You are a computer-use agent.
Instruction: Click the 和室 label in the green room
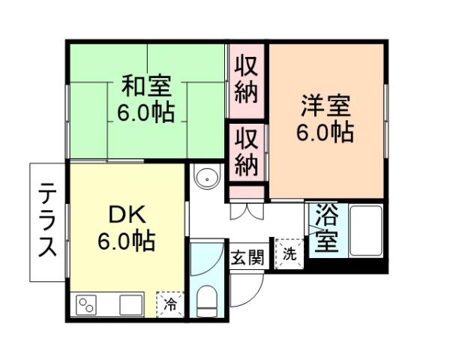coord(146,86)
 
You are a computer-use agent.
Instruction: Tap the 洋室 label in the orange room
coord(325,105)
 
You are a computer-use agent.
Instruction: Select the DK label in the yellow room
coord(126,216)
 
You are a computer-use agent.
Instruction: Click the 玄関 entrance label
coord(247,259)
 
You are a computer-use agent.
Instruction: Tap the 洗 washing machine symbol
coord(289,253)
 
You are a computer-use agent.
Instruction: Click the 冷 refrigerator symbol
coord(170,304)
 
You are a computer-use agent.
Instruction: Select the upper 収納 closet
coord(246,79)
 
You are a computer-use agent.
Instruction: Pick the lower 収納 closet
coord(246,152)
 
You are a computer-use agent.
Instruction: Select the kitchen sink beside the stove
coord(130,305)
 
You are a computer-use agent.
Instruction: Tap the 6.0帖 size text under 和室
coord(146,112)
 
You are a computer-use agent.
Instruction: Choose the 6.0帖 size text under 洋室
coord(325,132)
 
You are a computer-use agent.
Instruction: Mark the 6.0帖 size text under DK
coord(126,241)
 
